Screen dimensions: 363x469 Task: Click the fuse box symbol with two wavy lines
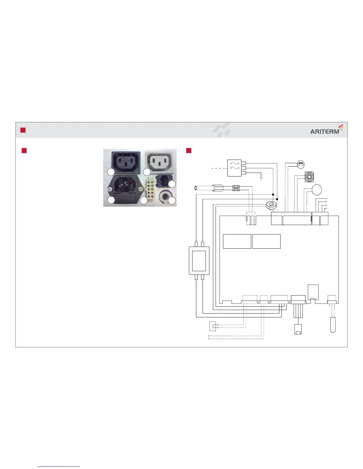point(234,168)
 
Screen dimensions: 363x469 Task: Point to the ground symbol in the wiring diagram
point(261,179)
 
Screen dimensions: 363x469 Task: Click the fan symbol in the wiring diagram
point(309,177)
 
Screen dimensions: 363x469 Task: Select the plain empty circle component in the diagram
point(317,189)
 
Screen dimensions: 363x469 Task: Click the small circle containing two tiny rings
point(301,163)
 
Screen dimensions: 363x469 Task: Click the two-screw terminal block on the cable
point(236,188)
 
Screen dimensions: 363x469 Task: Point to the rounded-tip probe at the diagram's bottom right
point(333,325)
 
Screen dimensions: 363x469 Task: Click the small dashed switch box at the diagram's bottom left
point(212,326)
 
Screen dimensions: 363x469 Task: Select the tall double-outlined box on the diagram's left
point(199,261)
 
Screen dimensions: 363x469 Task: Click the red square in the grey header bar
point(23,130)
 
